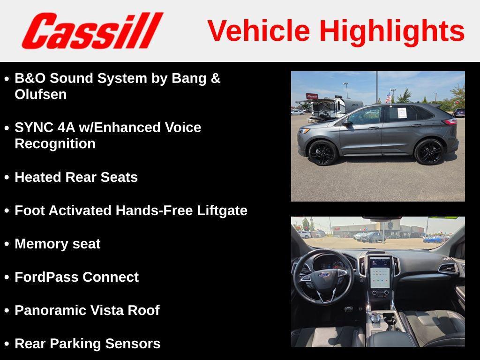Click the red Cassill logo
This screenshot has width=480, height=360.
click(92, 30)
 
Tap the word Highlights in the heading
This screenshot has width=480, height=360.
click(392, 30)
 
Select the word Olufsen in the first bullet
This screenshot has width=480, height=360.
click(41, 94)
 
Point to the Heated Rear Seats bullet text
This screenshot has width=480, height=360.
click(76, 177)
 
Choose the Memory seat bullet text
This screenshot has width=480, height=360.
click(57, 244)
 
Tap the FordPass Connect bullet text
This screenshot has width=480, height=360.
click(76, 277)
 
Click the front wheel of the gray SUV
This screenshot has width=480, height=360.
click(322, 153)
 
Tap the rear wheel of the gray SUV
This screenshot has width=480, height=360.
click(428, 151)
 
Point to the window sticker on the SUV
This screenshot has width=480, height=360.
click(402, 113)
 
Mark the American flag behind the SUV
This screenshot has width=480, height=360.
click(388, 97)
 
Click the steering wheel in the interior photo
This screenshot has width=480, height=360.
click(323, 277)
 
